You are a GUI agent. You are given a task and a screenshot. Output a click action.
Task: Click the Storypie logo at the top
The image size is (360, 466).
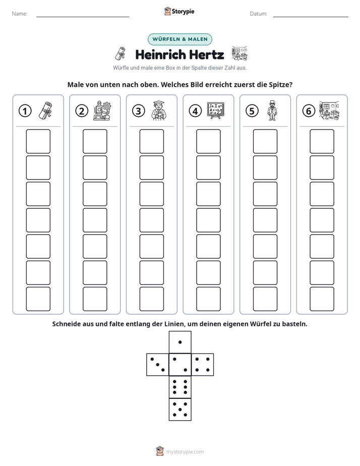[179, 11]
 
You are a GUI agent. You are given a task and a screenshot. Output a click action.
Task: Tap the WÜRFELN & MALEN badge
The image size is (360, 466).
[180, 39]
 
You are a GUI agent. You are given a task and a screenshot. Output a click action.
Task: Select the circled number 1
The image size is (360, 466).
[25, 111]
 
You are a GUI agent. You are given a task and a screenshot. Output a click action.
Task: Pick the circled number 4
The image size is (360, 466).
[195, 111]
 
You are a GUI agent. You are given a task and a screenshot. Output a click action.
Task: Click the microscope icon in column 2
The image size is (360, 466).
[102, 110]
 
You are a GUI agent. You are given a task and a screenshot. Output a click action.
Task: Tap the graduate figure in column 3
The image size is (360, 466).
[159, 110]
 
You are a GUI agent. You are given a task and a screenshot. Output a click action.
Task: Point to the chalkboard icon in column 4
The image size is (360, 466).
[216, 110]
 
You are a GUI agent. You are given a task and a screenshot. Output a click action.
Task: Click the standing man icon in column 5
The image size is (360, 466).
[272, 110]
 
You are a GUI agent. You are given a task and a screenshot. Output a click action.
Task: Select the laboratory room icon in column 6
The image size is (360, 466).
[329, 110]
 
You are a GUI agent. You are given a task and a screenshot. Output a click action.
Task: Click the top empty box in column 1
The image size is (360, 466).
[38, 141]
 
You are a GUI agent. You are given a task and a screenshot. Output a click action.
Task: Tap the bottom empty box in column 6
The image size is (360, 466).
[322, 299]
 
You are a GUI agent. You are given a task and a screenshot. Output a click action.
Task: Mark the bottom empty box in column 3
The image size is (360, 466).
[151, 299]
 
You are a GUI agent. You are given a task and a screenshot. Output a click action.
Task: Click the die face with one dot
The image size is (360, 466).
[180, 342]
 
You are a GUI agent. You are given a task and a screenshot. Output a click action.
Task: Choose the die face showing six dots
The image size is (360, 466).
[180, 387]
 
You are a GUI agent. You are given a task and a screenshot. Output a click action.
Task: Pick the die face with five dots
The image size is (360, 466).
[180, 410]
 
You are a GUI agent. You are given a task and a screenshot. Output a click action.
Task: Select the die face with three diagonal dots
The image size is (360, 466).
[157, 365]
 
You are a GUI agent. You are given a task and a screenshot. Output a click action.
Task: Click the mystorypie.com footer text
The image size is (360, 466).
[185, 452]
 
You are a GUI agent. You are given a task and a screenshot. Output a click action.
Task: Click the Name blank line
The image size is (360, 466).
[83, 17]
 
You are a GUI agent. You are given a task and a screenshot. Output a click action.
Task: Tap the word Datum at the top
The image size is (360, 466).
[258, 14]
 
